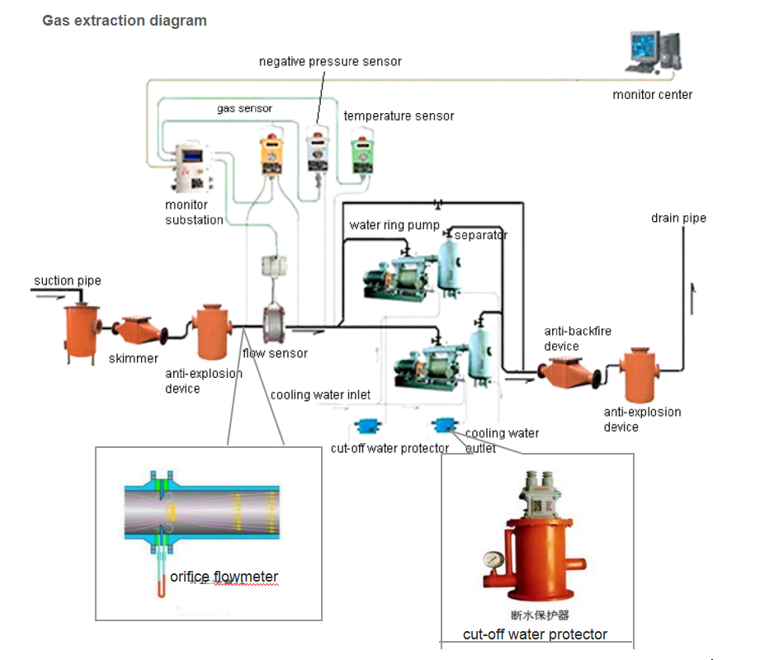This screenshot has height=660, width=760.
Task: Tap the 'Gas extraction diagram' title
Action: (x=125, y=21)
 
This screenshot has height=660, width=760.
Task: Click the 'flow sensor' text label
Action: (x=275, y=353)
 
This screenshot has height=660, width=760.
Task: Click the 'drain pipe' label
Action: (x=678, y=218)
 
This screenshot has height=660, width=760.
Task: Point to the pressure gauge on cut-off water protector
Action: (x=493, y=559)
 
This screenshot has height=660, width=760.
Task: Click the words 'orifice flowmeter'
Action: (x=224, y=577)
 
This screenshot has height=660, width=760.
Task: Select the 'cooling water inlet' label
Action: (x=320, y=394)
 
